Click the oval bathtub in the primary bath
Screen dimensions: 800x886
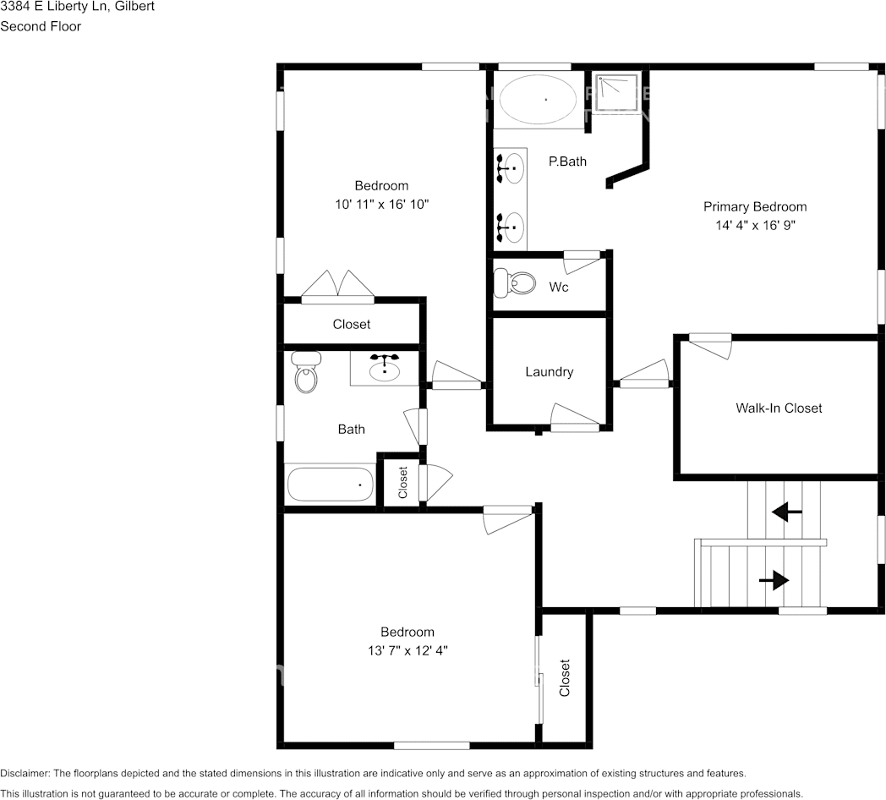pos(539,100)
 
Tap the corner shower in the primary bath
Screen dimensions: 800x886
pos(616,92)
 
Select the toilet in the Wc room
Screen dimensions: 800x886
pos(516,282)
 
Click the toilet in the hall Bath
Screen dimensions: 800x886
pos(306,371)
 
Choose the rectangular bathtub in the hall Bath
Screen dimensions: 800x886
pos(330,485)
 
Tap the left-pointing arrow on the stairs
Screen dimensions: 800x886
pos(787,512)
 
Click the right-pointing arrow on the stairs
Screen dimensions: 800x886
pos(774,580)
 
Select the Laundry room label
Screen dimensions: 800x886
pos(549,371)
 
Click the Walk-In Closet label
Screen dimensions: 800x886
pos(778,408)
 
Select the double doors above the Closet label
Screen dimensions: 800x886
pos(338,286)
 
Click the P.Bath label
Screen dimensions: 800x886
pos(567,161)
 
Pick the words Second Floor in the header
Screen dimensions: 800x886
pos(41,26)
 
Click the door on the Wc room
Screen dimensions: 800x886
pos(582,261)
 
